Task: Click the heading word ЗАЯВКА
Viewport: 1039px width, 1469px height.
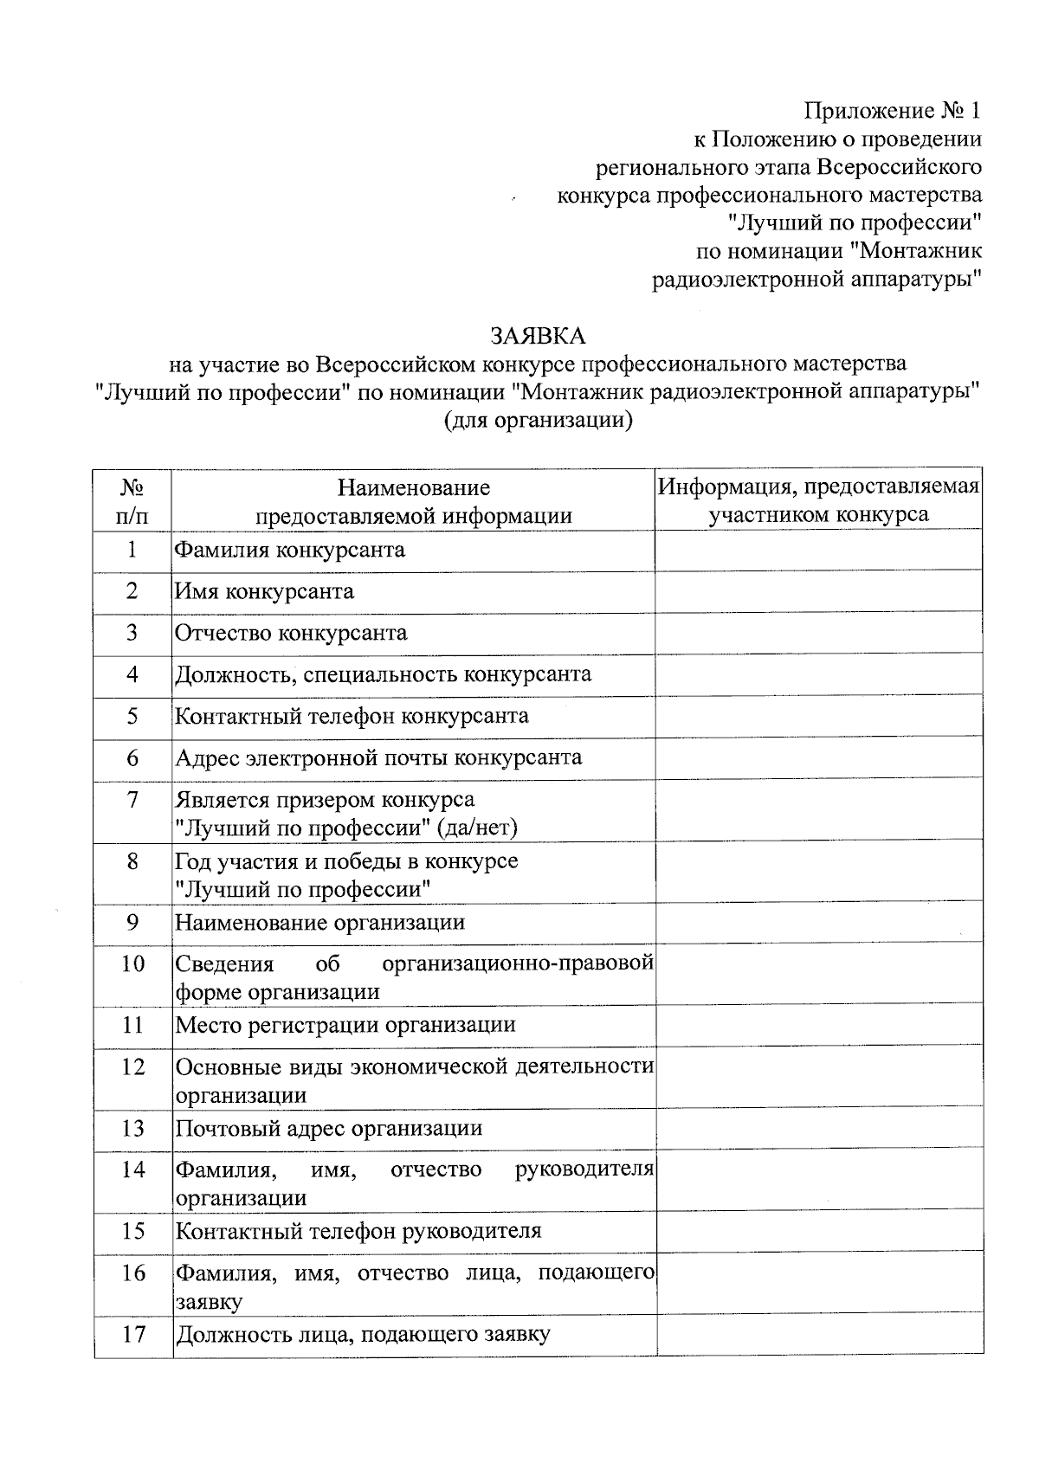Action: [x=537, y=335]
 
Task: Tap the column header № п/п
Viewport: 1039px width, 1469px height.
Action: [x=132, y=501]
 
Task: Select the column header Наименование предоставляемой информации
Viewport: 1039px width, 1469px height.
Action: [x=413, y=502]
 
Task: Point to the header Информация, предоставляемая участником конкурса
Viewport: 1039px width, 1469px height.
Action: [x=818, y=500]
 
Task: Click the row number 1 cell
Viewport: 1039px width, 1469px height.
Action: [x=132, y=550]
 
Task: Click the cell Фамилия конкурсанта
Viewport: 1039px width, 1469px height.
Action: [x=290, y=550]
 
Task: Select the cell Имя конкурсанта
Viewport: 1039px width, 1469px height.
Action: [x=265, y=591]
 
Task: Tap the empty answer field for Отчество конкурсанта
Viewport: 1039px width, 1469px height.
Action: [x=818, y=633]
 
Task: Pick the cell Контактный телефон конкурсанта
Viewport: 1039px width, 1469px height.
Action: [x=352, y=716]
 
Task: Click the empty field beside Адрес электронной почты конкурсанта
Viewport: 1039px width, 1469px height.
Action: [x=818, y=758]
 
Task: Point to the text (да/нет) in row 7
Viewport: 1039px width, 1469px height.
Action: [x=478, y=828]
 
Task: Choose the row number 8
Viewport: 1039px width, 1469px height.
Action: [x=132, y=861]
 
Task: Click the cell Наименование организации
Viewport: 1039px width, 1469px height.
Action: [x=320, y=923]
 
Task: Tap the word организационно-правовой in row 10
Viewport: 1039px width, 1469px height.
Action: [x=517, y=963]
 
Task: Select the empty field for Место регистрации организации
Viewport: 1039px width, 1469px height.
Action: [x=818, y=1025]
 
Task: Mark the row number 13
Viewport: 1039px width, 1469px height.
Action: [x=132, y=1129]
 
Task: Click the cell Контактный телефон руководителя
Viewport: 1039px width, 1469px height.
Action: [x=358, y=1232]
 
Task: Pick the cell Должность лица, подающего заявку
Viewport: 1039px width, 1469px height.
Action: [x=363, y=1335]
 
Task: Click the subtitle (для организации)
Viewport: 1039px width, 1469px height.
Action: [x=537, y=421]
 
